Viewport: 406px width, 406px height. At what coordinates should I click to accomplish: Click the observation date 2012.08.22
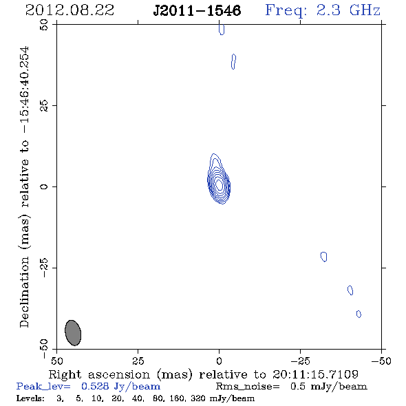(70, 10)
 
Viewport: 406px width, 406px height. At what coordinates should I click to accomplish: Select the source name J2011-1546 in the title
(197, 10)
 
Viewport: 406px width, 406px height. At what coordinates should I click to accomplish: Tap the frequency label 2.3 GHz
(348, 10)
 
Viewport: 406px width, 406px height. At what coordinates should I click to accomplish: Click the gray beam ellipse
(73, 333)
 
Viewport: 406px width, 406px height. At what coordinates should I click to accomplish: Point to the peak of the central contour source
(219, 184)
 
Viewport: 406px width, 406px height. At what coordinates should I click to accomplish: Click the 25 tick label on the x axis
(138, 361)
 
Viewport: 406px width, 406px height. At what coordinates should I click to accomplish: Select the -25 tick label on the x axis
(300, 361)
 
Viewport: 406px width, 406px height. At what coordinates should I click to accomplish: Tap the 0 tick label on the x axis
(219, 361)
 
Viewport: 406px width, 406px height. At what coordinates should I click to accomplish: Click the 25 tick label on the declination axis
(44, 106)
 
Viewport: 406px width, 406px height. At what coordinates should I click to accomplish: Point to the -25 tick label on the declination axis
(44, 268)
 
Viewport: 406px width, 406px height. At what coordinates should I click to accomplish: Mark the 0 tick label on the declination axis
(44, 186)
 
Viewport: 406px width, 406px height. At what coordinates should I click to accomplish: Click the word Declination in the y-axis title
(24, 292)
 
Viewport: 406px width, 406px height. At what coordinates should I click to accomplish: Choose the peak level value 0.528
(95, 386)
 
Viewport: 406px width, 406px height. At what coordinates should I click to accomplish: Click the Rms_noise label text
(248, 386)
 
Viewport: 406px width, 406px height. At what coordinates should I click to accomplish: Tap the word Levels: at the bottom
(30, 398)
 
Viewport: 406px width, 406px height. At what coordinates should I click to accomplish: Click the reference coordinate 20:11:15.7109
(315, 374)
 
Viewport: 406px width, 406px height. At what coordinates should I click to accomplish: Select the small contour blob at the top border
(222, 30)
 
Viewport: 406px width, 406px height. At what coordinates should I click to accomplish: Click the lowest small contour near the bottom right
(359, 314)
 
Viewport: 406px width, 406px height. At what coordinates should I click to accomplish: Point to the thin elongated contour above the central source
(233, 62)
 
